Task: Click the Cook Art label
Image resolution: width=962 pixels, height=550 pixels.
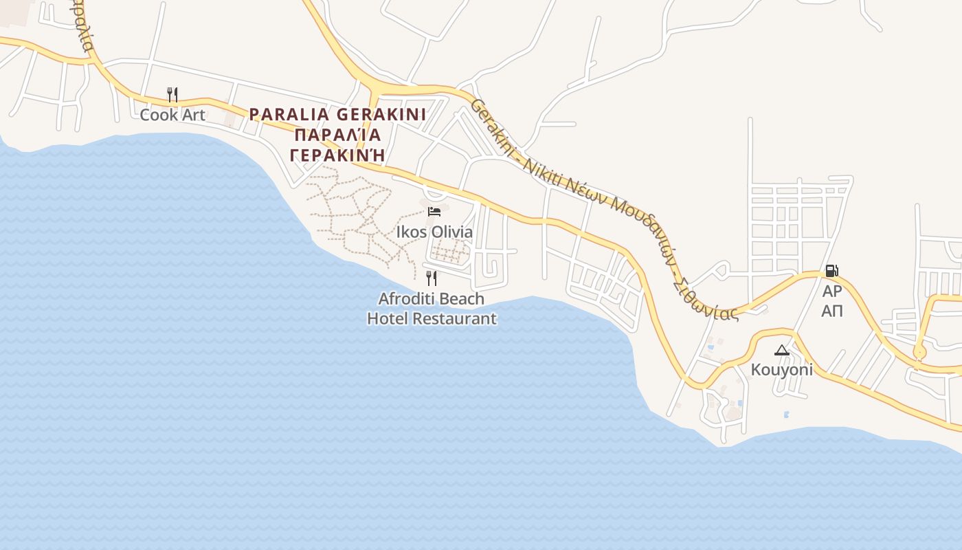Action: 172,115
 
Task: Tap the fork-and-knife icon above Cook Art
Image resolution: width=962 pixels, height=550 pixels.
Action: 172,94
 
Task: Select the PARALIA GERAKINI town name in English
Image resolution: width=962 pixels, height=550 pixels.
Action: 337,114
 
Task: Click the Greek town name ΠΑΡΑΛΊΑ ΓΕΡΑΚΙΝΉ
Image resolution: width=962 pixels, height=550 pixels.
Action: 337,144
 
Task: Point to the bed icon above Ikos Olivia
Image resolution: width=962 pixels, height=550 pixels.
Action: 434,211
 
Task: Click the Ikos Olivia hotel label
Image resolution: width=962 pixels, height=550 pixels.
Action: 434,232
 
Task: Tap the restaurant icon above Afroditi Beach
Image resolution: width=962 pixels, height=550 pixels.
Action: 432,278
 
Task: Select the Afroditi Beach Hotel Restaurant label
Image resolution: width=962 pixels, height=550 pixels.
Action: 432,309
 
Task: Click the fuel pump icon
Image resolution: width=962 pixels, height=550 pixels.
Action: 831,271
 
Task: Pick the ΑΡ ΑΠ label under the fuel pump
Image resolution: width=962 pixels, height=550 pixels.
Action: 832,301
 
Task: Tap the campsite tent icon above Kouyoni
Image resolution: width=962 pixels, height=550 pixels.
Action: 782,351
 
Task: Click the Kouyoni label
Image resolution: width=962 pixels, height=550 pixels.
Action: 782,370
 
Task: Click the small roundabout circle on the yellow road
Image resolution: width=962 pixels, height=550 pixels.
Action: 919,353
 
